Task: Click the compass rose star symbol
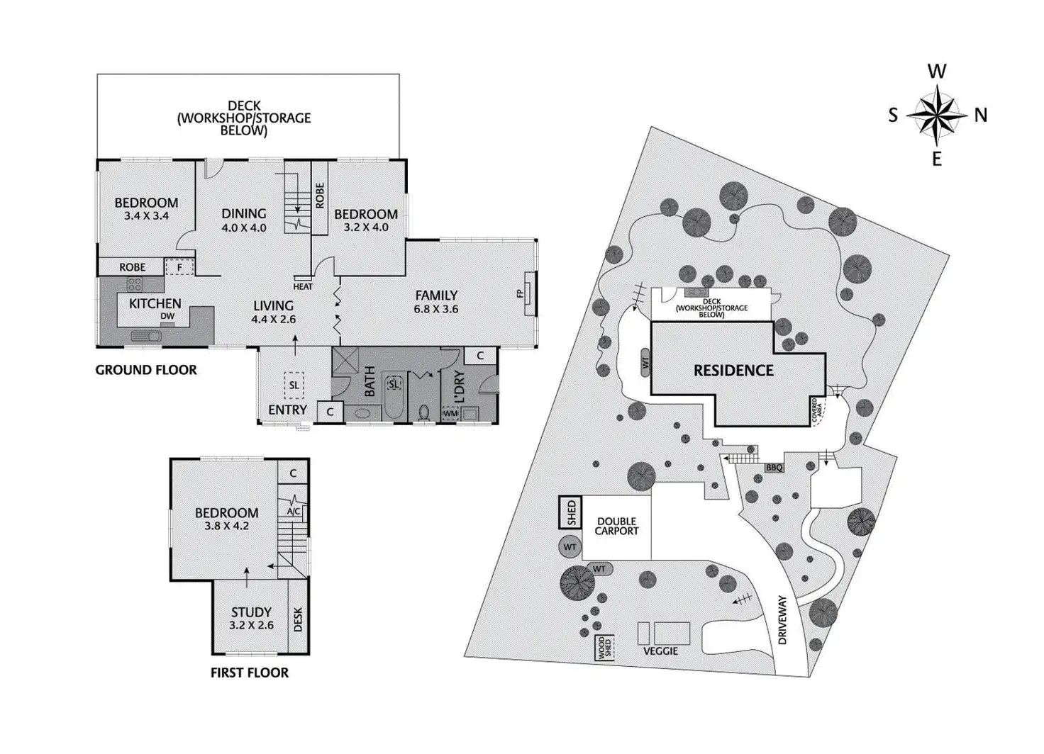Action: click(x=937, y=114)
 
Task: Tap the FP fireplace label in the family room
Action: click(x=520, y=293)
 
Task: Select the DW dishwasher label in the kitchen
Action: click(x=167, y=317)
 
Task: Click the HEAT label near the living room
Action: click(x=303, y=286)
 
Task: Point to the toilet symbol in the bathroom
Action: click(x=424, y=412)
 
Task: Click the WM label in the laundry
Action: click(x=450, y=413)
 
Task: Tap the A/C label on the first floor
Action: click(x=293, y=511)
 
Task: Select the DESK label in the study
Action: click(x=298, y=619)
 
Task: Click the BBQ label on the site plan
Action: click(x=774, y=468)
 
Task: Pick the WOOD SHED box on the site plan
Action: click(x=604, y=648)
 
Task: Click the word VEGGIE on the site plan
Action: click(x=660, y=651)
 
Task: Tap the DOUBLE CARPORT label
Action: click(x=616, y=526)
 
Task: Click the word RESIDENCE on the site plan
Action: click(x=733, y=370)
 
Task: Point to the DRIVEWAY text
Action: click(x=782, y=619)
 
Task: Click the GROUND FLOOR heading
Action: click(x=146, y=369)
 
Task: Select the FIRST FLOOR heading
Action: click(x=250, y=673)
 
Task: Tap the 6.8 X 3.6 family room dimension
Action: click(x=436, y=309)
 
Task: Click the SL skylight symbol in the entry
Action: click(x=294, y=386)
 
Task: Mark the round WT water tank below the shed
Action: click(x=570, y=547)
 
